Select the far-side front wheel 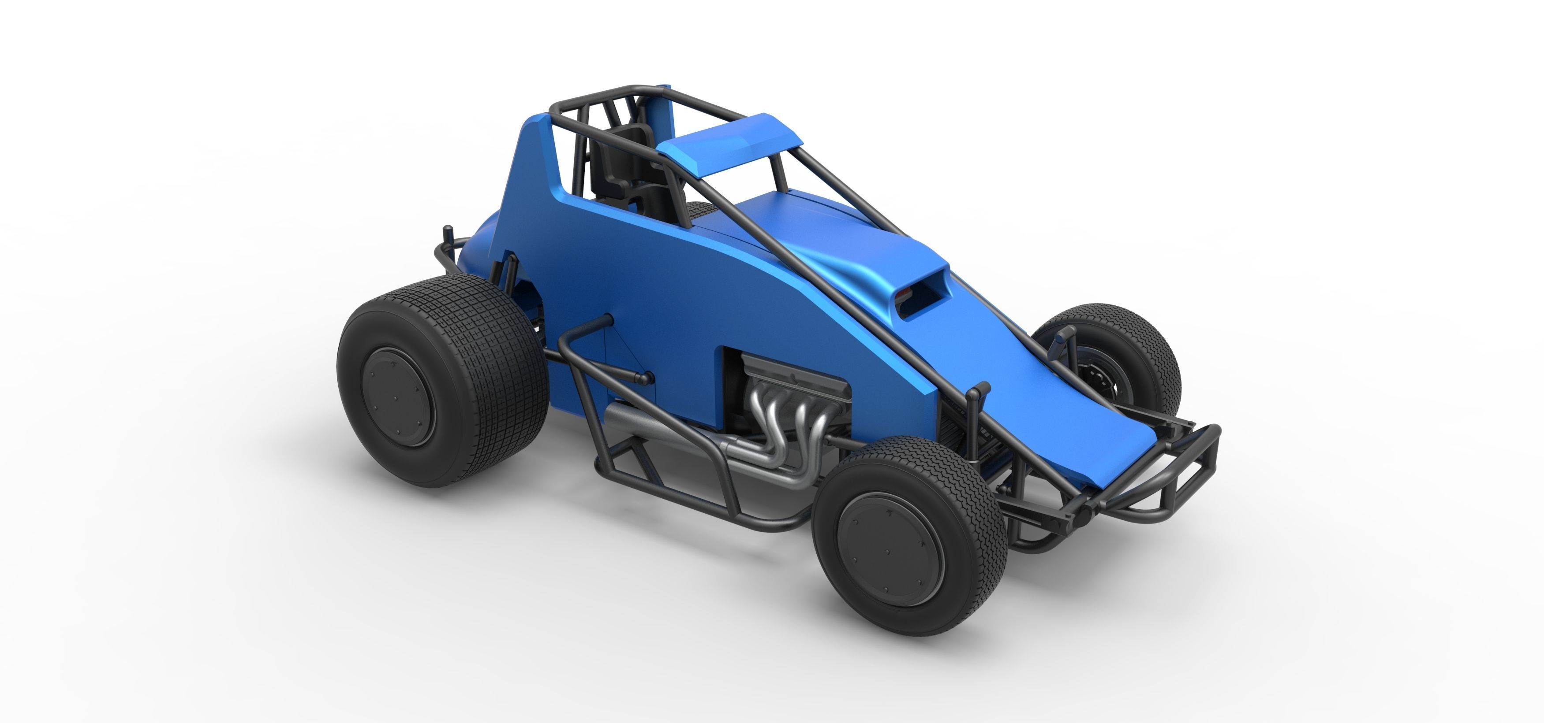click(1121, 360)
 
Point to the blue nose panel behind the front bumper click(1079, 431)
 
